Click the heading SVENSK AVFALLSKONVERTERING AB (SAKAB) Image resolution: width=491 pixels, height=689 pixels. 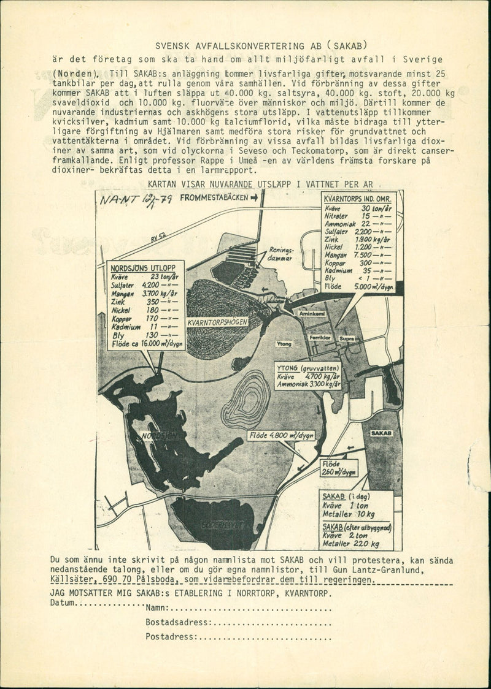point(261,45)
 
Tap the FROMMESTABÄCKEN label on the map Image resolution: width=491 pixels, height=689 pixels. point(214,197)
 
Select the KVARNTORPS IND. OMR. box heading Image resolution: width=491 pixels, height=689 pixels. point(358,199)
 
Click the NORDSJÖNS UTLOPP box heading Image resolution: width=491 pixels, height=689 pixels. point(142,267)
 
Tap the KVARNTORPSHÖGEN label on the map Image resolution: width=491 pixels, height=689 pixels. point(217,321)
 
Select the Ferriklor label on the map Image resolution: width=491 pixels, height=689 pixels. point(320,337)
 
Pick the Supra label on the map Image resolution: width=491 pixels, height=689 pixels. point(347,337)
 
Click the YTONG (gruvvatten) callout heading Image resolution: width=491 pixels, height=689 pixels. point(306,368)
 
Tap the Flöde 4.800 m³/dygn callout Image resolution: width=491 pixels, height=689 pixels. point(281,435)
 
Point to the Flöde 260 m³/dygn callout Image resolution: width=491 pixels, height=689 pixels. point(339,468)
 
